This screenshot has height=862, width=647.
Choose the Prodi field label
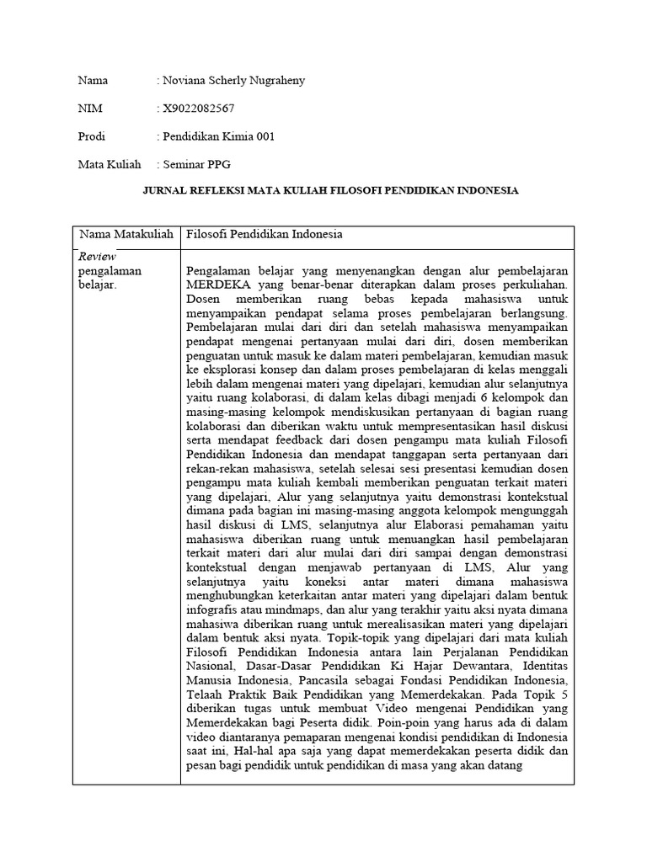pos(92,136)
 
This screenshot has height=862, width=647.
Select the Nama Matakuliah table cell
pos(126,235)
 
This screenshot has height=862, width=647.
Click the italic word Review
pos(97,257)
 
